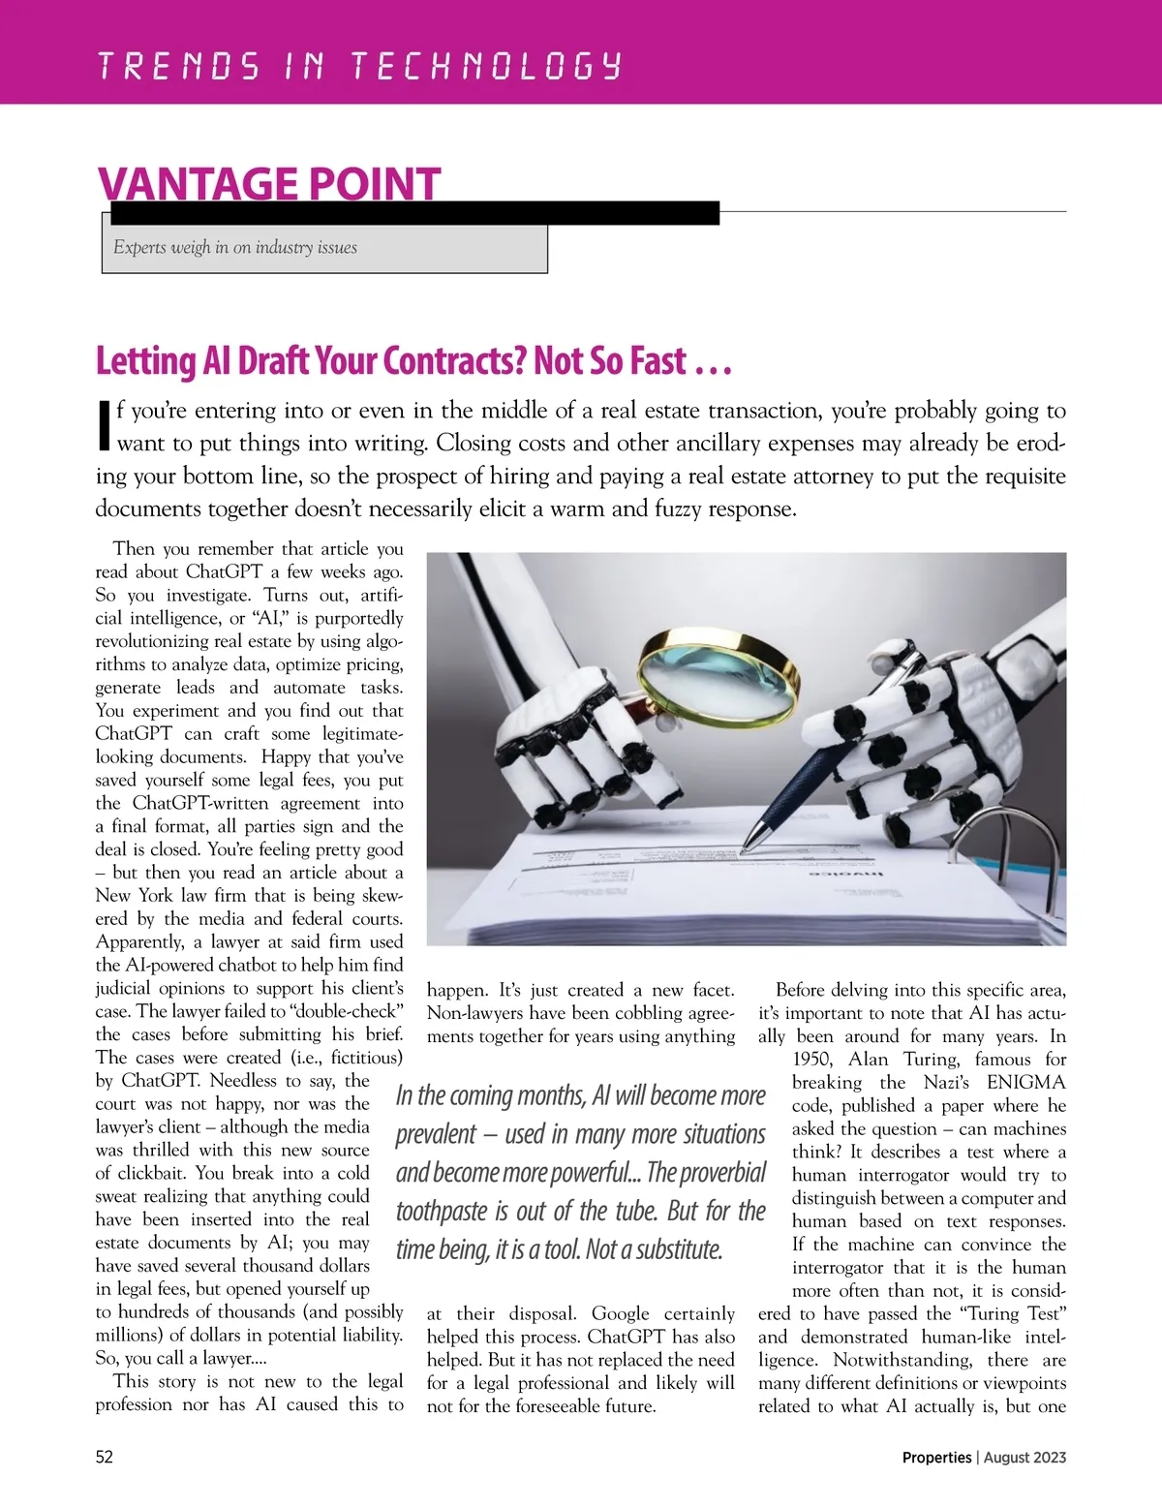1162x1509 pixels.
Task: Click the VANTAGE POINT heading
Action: coord(269,183)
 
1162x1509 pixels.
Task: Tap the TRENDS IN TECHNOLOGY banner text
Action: coord(359,67)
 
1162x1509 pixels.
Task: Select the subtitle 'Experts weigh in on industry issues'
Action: coord(235,247)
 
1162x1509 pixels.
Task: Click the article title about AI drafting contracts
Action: coord(413,361)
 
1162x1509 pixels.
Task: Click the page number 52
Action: coord(105,1457)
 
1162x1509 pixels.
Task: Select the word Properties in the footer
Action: coord(936,1457)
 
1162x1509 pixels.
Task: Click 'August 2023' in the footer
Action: coord(1025,1457)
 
